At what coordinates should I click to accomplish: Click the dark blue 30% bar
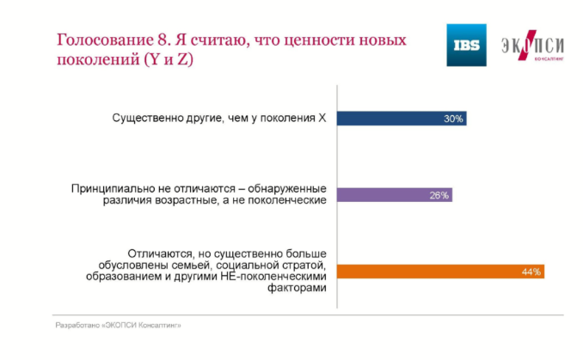(402, 119)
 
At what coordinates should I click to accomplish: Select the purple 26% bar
(395, 195)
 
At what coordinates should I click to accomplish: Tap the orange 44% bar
(440, 272)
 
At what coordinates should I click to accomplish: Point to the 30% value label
(453, 119)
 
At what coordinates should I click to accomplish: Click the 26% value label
(439, 195)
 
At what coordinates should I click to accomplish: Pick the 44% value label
(531, 272)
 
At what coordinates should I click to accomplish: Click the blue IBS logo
(466, 45)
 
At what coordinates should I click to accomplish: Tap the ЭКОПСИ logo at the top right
(532, 46)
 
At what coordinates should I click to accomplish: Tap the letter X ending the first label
(322, 118)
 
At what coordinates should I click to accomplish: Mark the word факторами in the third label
(297, 288)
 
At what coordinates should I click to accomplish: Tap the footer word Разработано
(77, 326)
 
